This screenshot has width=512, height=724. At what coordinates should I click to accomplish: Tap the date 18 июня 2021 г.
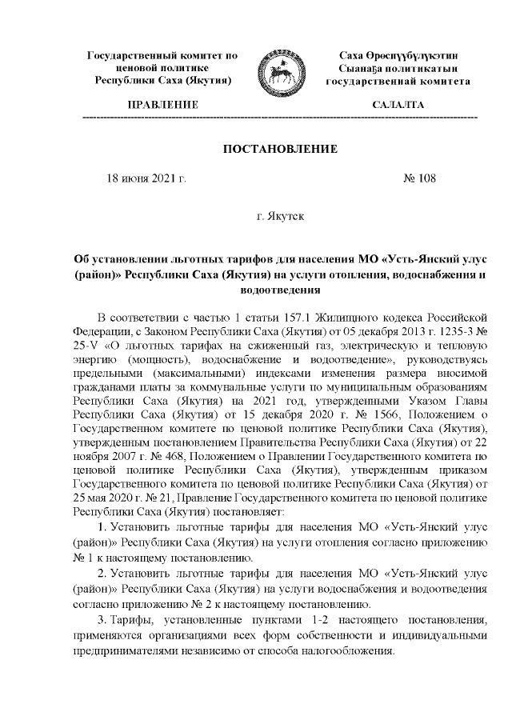(146, 178)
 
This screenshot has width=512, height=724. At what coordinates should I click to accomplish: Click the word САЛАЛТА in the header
(398, 105)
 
